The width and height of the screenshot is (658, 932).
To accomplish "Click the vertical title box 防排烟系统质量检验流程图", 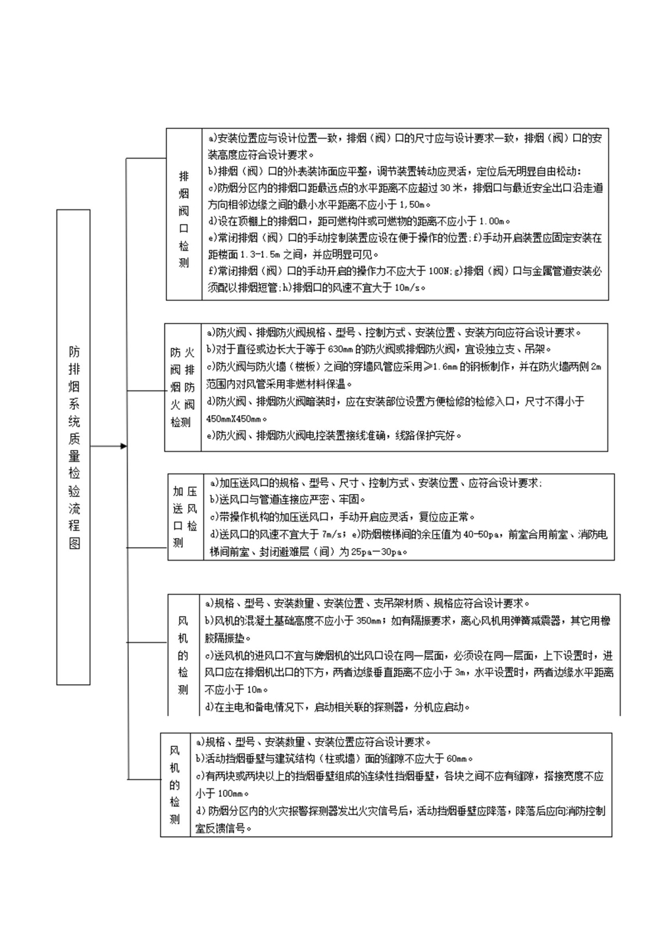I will point(74,447).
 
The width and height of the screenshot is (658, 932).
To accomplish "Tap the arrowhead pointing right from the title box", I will point(123,447).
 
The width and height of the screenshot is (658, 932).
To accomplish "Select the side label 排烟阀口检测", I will point(184,220).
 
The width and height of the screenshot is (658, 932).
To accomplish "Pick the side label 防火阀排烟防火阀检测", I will point(182,387).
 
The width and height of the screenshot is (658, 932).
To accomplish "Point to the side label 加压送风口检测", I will point(185,517).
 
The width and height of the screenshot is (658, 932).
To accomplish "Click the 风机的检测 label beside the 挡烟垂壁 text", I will point(174,784).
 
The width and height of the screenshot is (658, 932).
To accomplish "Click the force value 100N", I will point(439,271).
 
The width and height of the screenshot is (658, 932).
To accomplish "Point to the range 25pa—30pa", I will point(376,551).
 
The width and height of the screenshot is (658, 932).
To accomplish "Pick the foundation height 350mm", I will point(370,620).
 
